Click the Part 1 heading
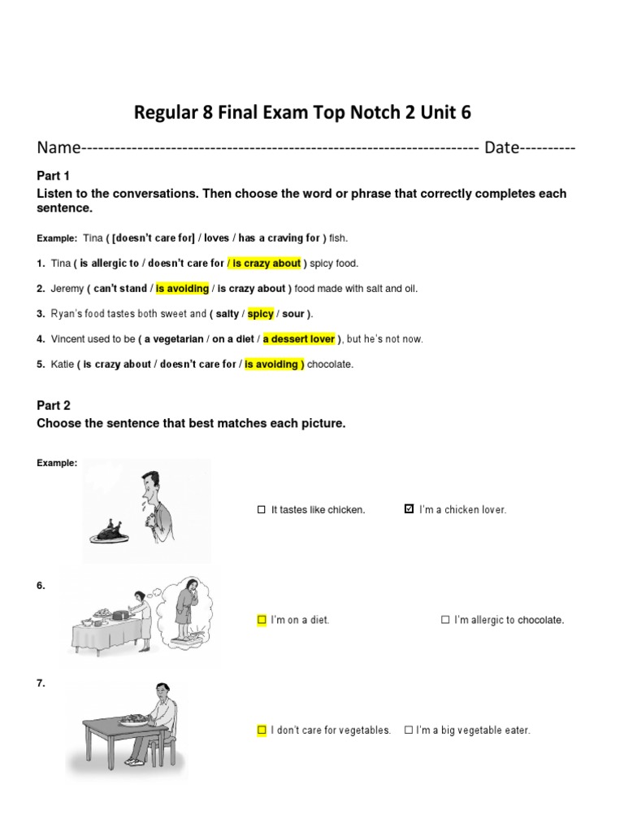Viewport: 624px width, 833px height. (x=54, y=176)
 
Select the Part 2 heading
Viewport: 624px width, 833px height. (x=54, y=405)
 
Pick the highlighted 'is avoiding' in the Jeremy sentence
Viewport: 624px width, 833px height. (x=182, y=289)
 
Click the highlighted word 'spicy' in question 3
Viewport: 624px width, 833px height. (x=260, y=314)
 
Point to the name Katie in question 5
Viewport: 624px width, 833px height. (x=63, y=364)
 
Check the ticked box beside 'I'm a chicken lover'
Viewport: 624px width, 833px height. (x=409, y=509)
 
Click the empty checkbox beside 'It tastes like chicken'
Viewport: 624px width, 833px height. (x=262, y=510)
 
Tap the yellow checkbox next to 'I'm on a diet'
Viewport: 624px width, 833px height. (x=262, y=620)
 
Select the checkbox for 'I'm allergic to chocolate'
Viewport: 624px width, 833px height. (x=445, y=620)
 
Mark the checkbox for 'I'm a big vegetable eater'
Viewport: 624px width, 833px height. (x=408, y=731)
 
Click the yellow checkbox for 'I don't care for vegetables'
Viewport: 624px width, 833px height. (x=262, y=731)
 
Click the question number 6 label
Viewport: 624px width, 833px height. (x=41, y=586)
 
